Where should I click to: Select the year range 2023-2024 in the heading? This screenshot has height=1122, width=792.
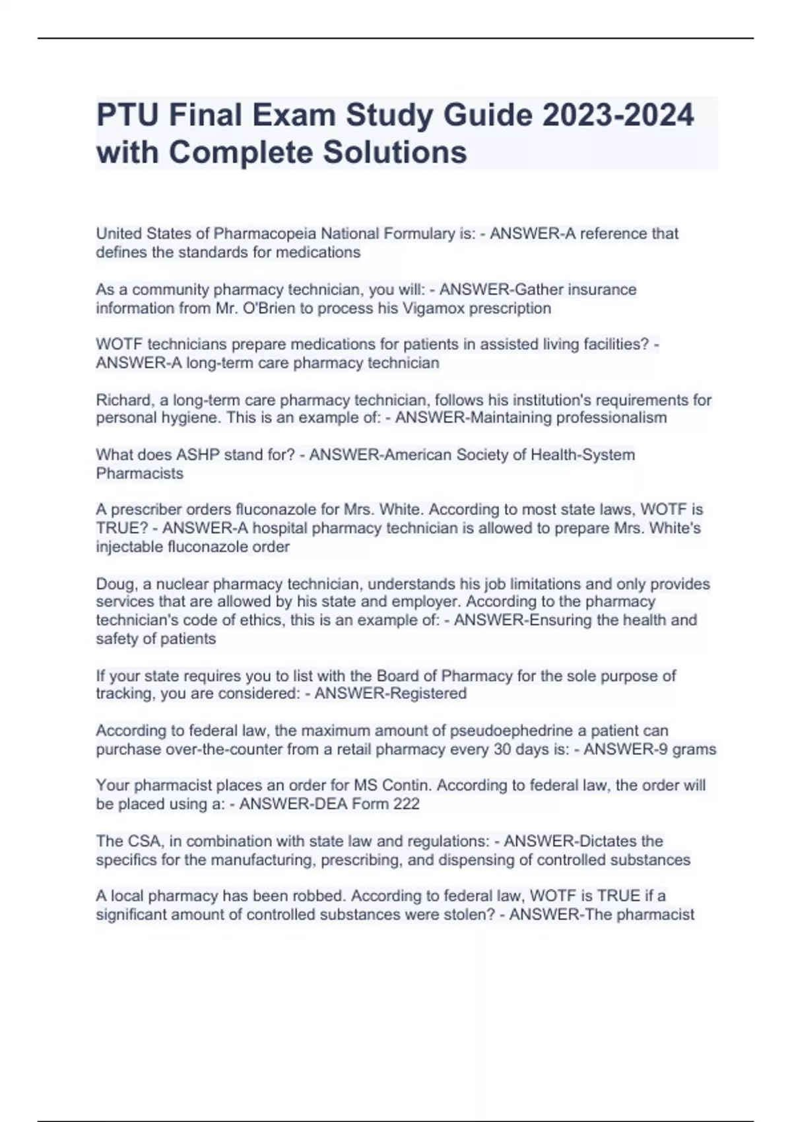click(618, 115)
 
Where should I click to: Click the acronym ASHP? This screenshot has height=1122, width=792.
click(200, 455)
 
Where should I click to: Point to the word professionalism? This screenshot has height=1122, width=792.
click(612, 418)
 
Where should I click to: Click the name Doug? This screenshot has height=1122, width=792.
click(113, 584)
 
